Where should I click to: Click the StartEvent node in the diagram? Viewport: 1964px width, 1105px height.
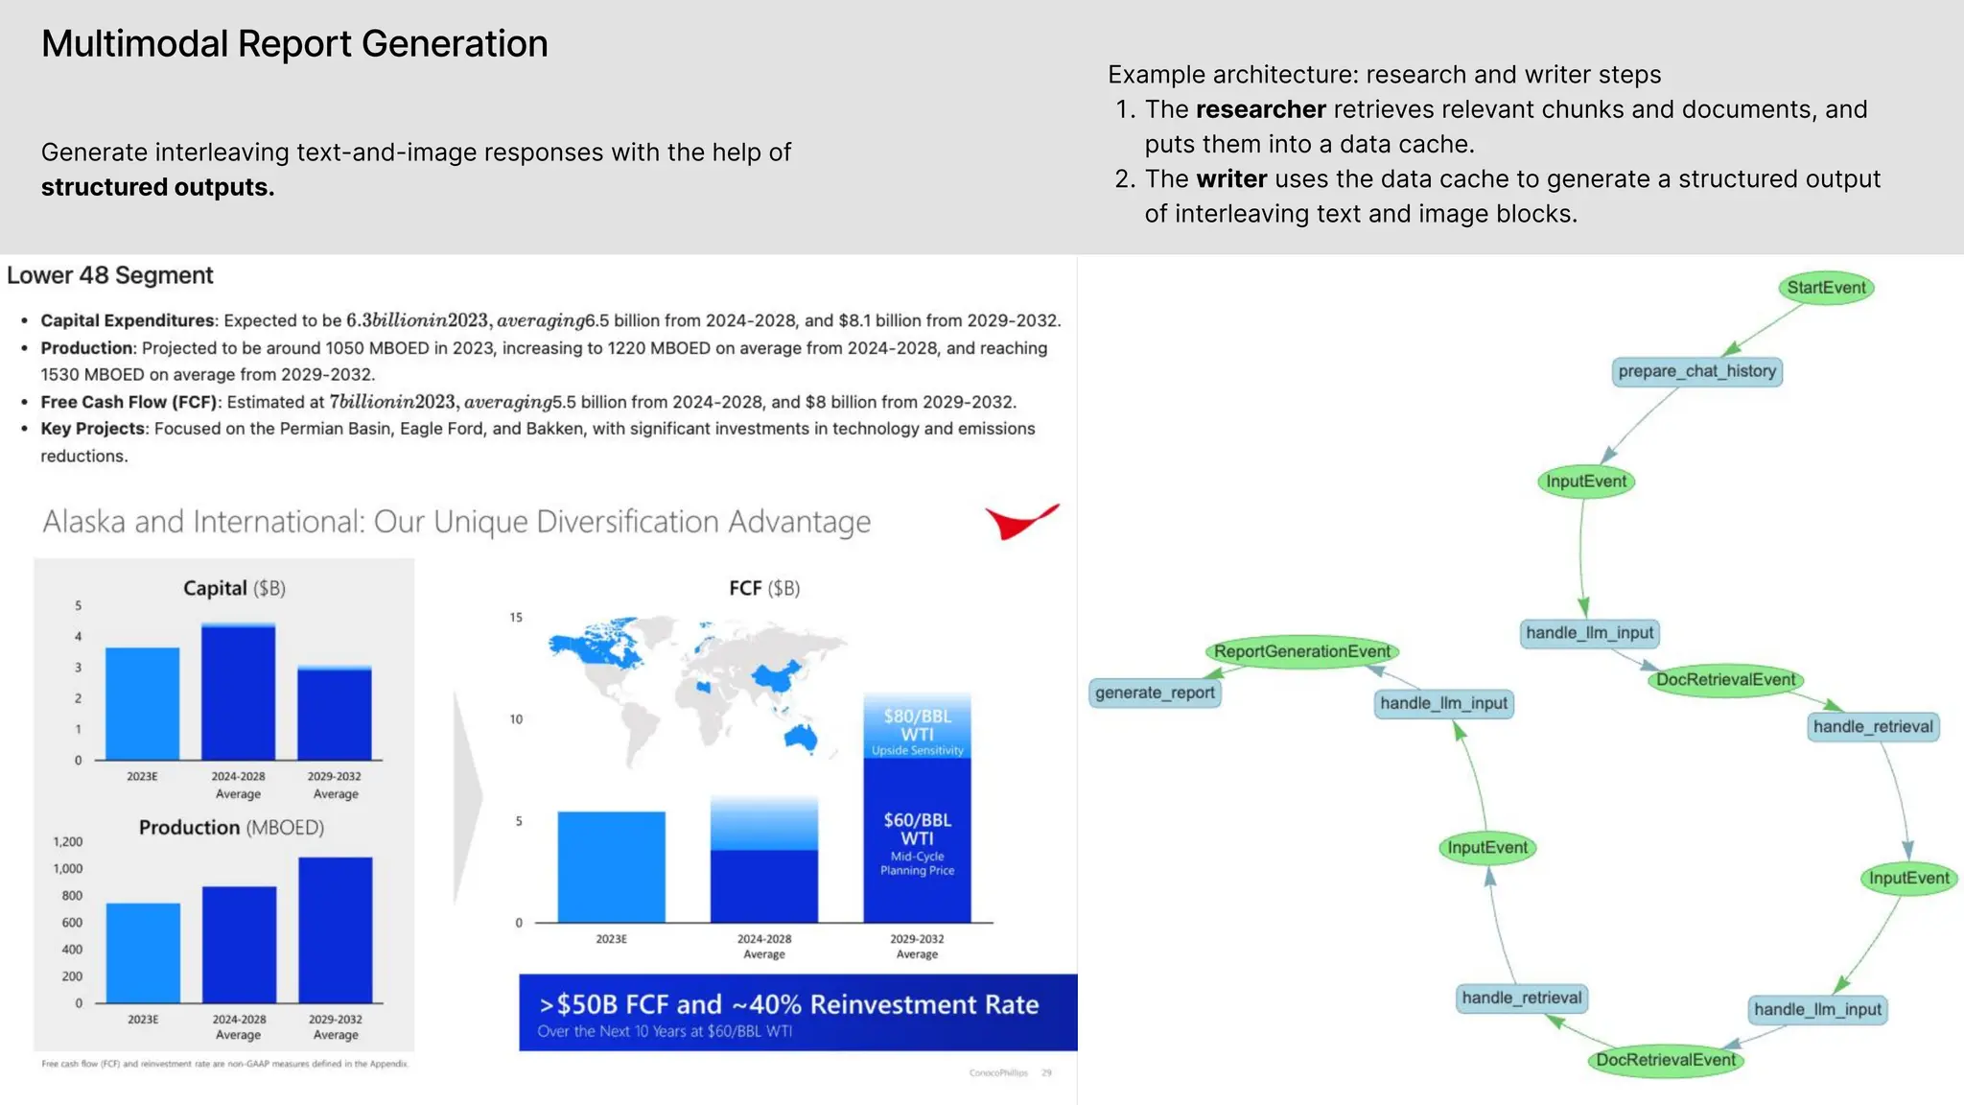1826,288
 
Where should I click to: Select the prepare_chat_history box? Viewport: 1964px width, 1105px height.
1696,371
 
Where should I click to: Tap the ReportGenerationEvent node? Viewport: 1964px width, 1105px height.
1301,651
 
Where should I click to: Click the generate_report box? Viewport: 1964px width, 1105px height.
1155,693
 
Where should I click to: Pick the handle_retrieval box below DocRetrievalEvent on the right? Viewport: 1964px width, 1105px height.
1872,726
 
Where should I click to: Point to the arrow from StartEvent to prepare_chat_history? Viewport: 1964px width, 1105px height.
1765,329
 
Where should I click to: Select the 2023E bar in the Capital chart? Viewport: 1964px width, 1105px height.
142,703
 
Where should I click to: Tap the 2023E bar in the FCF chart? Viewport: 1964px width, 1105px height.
611,866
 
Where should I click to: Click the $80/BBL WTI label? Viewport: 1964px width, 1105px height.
917,725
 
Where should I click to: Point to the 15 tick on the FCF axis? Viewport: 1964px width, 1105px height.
516,617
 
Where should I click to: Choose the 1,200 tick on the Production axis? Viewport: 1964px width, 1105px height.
67,841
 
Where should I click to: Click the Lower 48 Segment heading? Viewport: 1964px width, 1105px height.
110,275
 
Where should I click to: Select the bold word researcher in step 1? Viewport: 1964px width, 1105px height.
1260,109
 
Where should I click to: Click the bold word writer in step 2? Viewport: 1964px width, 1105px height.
1231,179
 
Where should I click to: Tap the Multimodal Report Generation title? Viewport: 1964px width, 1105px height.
294,44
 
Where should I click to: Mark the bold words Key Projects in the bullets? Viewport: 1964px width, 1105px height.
92,429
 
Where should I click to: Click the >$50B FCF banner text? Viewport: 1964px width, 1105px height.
788,1004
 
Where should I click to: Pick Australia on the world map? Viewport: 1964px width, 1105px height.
801,738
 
